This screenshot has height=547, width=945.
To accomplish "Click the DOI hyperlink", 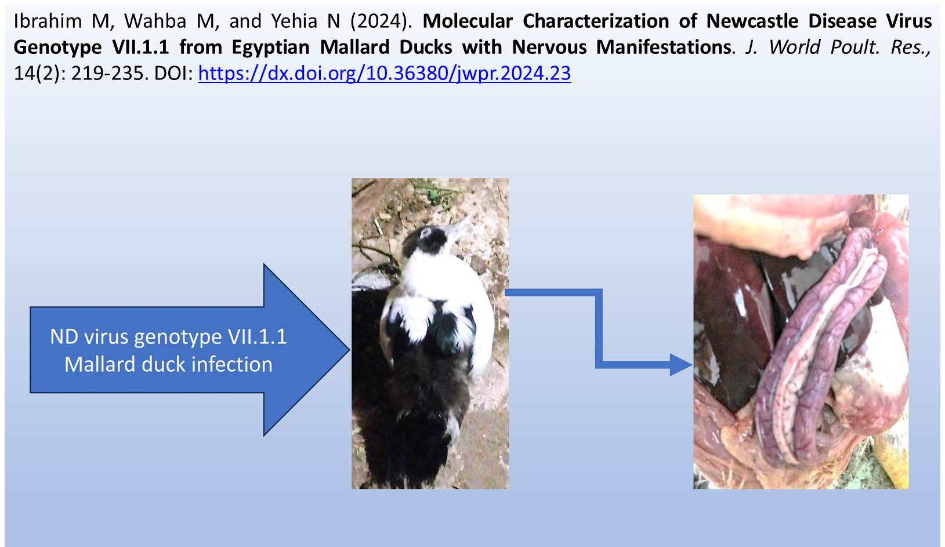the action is pos(385,74).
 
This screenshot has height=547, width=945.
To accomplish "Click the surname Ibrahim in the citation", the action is pos(48,21).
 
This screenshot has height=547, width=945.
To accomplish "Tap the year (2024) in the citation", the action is pos(381,21).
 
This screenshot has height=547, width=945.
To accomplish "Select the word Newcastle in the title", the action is pos(752,21).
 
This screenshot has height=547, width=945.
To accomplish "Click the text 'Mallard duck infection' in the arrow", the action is pos(168,364).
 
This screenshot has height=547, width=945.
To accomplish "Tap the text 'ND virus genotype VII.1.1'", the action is pos(168,336).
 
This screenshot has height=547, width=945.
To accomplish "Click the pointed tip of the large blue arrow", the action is pos(349,350).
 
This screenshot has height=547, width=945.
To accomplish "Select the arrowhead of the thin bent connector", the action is pos(680,365).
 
